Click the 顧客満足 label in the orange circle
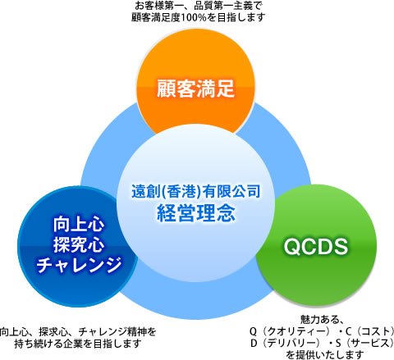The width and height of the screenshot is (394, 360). [195, 89]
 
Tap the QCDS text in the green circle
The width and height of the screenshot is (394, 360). [316, 247]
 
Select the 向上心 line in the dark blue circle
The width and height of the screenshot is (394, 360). [79, 225]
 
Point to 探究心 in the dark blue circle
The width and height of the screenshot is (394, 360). [79, 244]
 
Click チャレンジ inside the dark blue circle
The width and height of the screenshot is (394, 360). [79, 265]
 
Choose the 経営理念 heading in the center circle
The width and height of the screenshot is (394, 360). [196, 213]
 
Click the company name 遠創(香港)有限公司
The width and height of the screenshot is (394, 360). [195, 191]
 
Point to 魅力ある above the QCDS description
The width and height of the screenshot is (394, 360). [318, 319]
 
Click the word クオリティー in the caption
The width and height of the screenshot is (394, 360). [295, 331]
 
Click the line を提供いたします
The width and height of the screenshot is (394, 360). [325, 355]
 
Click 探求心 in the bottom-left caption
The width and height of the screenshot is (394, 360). [53, 332]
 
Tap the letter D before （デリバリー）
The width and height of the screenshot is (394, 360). [254, 344]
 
